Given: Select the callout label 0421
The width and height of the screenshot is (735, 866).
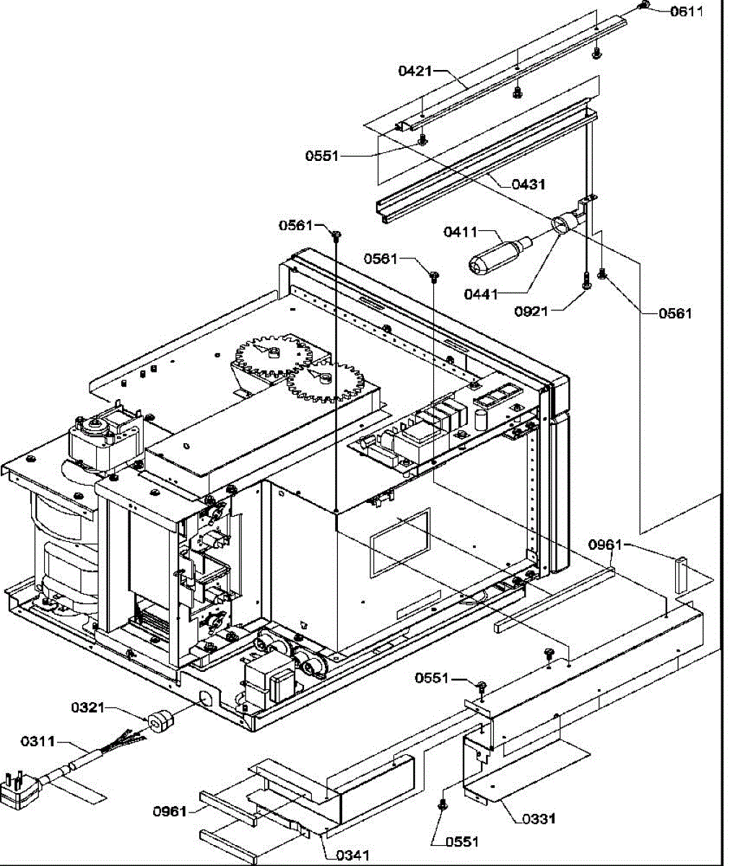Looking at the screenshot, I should [x=415, y=71].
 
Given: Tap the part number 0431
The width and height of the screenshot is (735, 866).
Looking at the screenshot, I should [x=529, y=184].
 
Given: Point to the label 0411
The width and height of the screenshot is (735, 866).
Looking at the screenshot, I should [x=461, y=232].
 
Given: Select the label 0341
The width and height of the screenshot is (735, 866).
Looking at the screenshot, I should [x=353, y=855].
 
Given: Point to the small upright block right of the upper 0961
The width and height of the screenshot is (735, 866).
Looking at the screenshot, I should [x=680, y=574].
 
